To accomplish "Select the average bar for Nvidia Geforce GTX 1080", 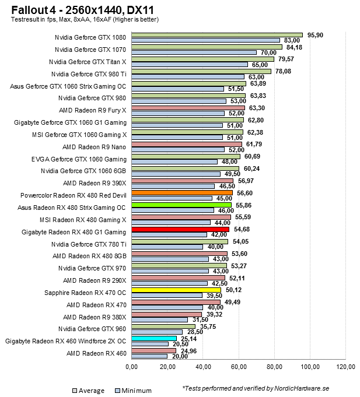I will click(217, 35).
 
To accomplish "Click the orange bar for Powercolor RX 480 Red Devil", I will click(182, 192).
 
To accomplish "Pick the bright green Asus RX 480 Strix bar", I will click(181, 205).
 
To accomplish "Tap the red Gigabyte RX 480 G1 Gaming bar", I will click(180, 230).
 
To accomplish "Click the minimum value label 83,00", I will click(292, 40).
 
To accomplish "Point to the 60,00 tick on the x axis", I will click(239, 367).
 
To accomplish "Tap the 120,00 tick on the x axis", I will click(346, 367).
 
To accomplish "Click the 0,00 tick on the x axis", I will click(132, 367).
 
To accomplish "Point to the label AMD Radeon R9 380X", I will click(95, 317).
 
